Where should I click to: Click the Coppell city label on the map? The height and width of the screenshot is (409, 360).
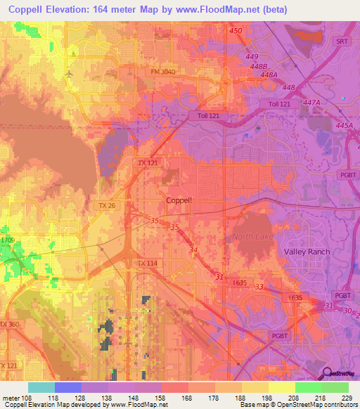[179, 200]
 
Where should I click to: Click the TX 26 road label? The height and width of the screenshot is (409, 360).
[107, 205]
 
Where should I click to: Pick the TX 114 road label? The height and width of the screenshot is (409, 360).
[146, 264]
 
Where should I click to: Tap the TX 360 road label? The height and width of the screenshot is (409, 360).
[9, 324]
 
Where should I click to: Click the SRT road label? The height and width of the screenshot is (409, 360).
[342, 41]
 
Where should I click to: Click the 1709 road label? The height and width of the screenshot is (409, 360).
[7, 240]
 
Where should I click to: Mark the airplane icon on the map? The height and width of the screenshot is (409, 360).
[68, 73]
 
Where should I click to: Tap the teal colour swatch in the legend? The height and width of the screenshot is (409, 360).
[41, 387]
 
